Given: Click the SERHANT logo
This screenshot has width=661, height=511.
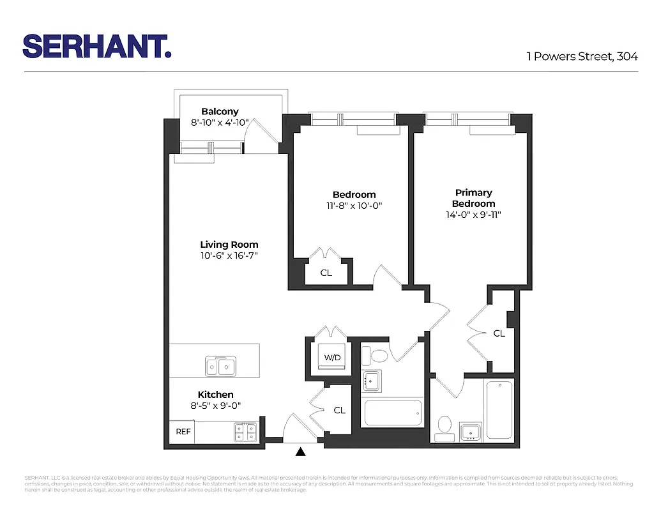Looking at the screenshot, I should tap(97, 46).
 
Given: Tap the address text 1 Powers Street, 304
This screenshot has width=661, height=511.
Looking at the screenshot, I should tap(582, 56).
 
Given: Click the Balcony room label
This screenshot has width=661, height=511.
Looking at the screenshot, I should tap(220, 112).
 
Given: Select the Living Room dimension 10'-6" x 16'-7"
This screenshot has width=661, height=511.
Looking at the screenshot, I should tap(229, 256).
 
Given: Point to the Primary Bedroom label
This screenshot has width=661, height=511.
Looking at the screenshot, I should tap(473, 198).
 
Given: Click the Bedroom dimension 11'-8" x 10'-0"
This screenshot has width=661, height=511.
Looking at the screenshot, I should tap(354, 206).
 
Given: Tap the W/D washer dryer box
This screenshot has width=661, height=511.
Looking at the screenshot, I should tap(332, 358).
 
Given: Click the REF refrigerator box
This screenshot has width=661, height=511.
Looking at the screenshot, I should tap(183, 432).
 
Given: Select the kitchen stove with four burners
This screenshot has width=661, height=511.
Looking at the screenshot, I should tap(245, 432).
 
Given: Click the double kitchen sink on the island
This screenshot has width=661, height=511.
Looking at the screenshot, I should tap(219, 366).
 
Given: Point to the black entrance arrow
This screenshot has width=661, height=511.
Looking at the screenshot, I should tap(301, 452).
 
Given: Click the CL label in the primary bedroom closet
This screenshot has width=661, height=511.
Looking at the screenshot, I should tap(499, 333).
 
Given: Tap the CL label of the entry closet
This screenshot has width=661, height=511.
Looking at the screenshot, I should tap(339, 410).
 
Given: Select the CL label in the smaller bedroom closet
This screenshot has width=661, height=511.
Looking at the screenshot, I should tap(326, 273).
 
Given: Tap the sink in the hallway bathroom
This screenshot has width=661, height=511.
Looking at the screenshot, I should tap(371, 381).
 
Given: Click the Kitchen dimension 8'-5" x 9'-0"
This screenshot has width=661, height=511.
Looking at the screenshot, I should tap(215, 405).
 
